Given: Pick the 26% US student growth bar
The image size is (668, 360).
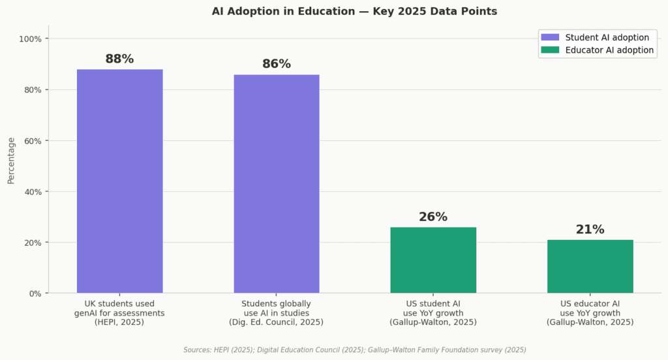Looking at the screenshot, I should pyautogui.click(x=433, y=260).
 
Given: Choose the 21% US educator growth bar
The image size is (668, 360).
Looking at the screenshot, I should pyautogui.click(x=590, y=267).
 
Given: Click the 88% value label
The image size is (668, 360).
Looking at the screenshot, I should pyautogui.click(x=119, y=59).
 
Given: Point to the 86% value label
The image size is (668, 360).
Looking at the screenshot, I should pyautogui.click(x=277, y=64).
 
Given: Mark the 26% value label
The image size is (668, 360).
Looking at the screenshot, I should pyautogui.click(x=433, y=217).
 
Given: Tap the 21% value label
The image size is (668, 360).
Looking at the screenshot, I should pyautogui.click(x=590, y=230).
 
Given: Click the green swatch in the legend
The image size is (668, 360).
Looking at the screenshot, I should pyautogui.click(x=550, y=50).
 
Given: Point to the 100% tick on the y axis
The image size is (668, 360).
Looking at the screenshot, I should pyautogui.click(x=30, y=39).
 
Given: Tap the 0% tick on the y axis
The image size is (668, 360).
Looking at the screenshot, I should pyautogui.click(x=35, y=293).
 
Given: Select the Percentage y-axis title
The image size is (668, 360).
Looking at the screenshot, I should pyautogui.click(x=11, y=160).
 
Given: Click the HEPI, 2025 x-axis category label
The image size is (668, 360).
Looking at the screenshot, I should pyautogui.click(x=119, y=322).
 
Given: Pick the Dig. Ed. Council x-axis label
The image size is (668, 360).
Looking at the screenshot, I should pyautogui.click(x=276, y=322).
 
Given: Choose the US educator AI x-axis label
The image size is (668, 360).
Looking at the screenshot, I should pyautogui.click(x=590, y=304).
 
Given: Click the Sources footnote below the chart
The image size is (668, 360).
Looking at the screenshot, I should pyautogui.click(x=354, y=350).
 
